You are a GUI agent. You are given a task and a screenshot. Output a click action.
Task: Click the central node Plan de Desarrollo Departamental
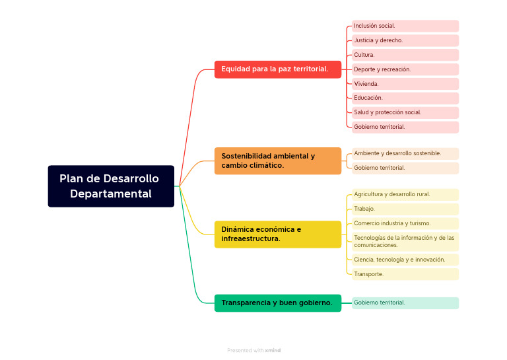(x=111, y=186)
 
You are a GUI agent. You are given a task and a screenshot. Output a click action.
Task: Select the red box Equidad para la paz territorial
(x=278, y=69)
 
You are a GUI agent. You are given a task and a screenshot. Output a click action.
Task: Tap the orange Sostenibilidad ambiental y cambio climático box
(x=278, y=161)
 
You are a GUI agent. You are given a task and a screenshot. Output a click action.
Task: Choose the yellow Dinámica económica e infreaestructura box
(x=278, y=234)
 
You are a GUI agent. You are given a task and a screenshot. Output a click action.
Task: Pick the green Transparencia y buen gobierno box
(x=278, y=303)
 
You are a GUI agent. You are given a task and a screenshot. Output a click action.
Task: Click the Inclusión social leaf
(x=405, y=26)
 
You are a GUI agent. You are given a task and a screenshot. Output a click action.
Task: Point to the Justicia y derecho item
(x=405, y=40)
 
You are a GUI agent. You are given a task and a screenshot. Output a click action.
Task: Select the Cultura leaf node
(x=405, y=55)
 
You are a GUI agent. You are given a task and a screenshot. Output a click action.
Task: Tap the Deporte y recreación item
(x=405, y=69)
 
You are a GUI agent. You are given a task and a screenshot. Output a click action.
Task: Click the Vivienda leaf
(x=405, y=84)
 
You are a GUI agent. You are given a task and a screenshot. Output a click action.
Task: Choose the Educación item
(x=405, y=98)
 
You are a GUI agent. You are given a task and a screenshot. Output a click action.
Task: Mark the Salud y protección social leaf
(x=405, y=112)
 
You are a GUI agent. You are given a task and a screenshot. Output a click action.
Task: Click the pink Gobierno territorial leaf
(x=405, y=127)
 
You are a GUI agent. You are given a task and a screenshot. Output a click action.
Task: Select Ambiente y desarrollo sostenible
(x=405, y=154)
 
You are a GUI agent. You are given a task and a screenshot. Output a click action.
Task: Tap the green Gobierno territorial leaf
(x=405, y=303)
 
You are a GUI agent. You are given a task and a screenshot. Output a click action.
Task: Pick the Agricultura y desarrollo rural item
(x=405, y=194)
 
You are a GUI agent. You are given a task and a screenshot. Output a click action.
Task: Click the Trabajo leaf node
(x=405, y=209)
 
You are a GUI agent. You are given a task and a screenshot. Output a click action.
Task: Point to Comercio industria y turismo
(x=405, y=223)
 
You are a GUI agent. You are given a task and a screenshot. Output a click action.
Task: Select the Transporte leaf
(x=405, y=274)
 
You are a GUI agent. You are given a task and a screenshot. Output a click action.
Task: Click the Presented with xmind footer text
(x=253, y=350)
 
